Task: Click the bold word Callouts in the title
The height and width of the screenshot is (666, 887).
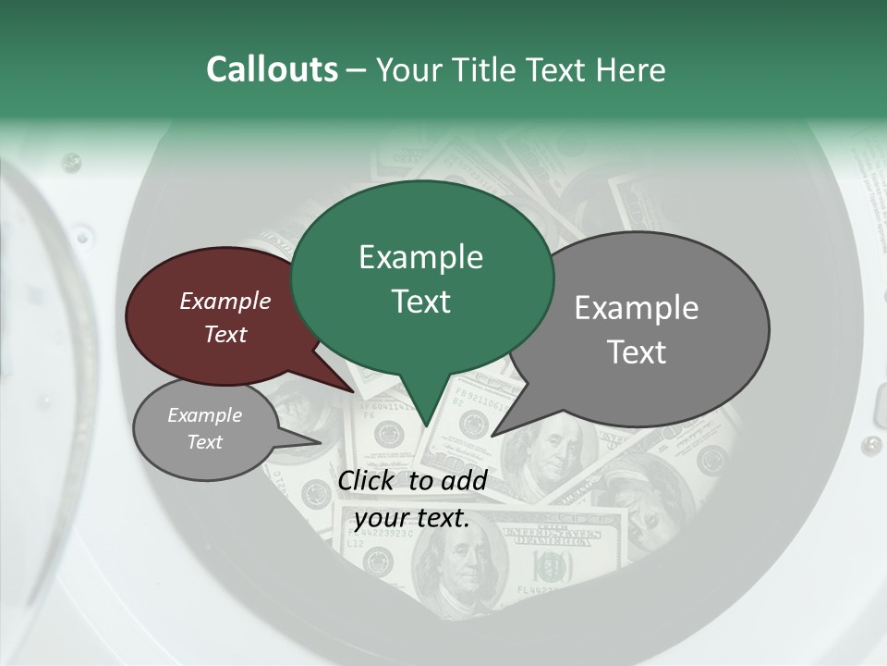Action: [272, 69]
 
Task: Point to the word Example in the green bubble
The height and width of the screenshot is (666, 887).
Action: [420, 257]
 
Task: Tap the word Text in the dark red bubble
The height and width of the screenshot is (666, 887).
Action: [225, 334]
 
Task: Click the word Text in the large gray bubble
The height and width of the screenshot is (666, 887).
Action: [638, 352]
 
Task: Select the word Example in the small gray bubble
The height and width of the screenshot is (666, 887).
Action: [204, 415]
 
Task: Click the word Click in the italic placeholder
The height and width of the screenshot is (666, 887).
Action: [369, 480]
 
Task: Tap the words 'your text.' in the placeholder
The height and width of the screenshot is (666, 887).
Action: [412, 518]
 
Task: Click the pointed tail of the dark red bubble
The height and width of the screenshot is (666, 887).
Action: [355, 391]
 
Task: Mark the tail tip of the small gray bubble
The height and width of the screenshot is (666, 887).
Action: [321, 443]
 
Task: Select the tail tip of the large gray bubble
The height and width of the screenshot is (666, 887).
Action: [492, 435]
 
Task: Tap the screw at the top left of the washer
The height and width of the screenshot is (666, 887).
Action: [70, 163]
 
